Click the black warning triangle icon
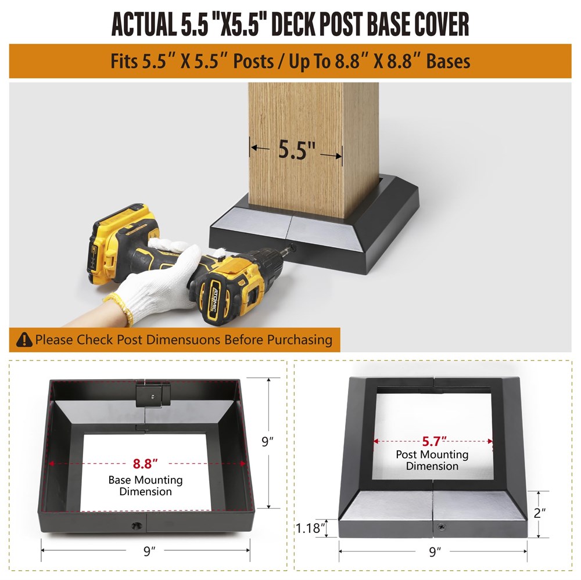point(24,339)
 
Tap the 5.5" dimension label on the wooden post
point(296,150)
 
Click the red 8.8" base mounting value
point(145,463)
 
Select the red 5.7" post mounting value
point(433,441)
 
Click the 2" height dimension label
point(540,513)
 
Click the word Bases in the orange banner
point(448,61)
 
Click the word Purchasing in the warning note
point(300,340)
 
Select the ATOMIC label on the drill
point(215,300)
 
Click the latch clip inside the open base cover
point(153,395)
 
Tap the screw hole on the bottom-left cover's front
point(137,525)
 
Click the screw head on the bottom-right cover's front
point(442,527)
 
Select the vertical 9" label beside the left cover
point(267,441)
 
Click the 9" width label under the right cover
point(435,552)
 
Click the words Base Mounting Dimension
point(145,485)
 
